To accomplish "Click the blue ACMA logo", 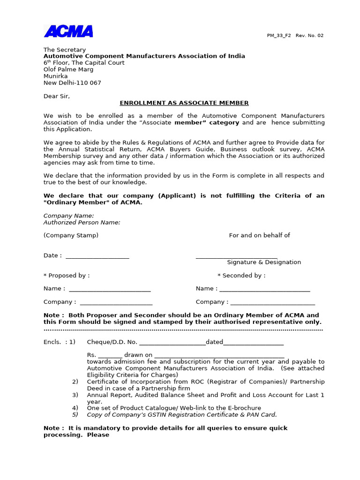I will click(68, 31).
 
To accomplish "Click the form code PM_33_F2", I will click(279, 36).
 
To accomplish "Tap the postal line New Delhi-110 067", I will click(72, 83).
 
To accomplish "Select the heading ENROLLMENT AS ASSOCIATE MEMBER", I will click(184, 103).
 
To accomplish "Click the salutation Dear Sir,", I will click(57, 96).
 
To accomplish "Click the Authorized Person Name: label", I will click(82, 223).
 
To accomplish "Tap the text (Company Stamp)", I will click(71, 235).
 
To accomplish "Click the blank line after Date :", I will click(97, 256).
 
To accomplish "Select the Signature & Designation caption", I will click(264, 262).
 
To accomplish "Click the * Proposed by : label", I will click(67, 276).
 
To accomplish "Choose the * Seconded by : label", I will click(241, 276).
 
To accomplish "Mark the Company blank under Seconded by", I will click(272, 303).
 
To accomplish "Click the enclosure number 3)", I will click(75, 395).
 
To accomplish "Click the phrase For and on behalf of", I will click(259, 235).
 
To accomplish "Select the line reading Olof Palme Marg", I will click(68, 69).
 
